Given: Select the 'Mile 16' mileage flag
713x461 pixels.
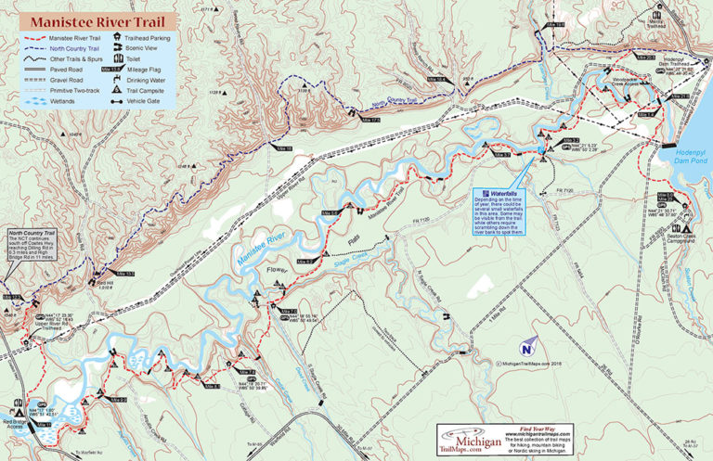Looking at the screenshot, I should click(281, 148).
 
